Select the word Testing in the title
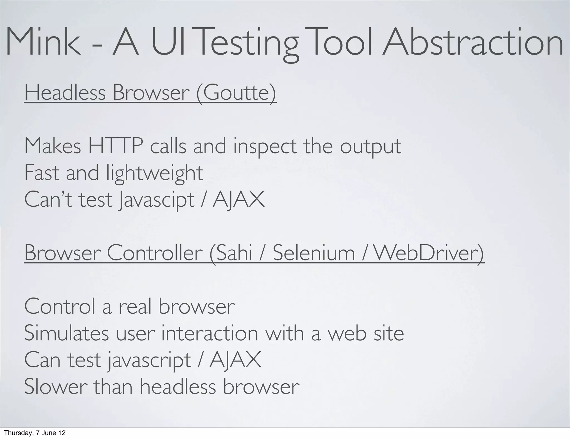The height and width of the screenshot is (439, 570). pyautogui.click(x=249, y=43)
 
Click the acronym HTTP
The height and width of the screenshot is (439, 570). pyautogui.click(x=116, y=146)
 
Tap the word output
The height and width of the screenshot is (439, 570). pyautogui.click(x=370, y=147)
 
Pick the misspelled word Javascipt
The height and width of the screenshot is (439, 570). pyautogui.click(x=156, y=200)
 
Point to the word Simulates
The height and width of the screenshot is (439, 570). pyautogui.click(x=67, y=333)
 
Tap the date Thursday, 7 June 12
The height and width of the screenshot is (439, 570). pyautogui.click(x=35, y=433)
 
